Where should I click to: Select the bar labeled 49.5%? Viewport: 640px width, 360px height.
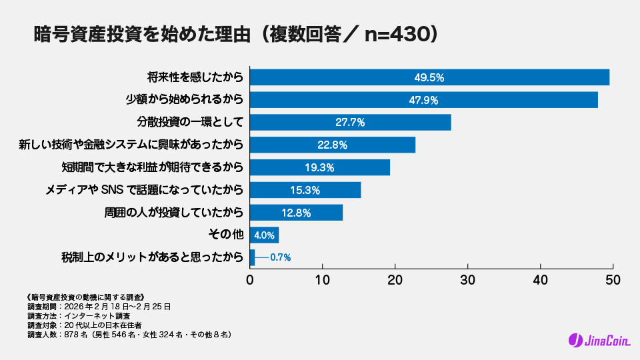pos(429,77)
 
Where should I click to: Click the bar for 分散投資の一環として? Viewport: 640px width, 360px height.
pos(351,123)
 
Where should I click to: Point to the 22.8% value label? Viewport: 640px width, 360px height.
pos(333,145)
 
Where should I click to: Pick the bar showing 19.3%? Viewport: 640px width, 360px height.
pos(320,167)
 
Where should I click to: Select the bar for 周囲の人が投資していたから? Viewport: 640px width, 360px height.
pos(296,213)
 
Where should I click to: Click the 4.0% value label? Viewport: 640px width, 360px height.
pos(265,235)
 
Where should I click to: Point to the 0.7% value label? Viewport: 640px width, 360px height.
pos(280,257)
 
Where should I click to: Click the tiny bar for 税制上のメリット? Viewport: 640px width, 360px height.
pos(252,257)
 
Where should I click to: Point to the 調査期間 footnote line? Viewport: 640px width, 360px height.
pos(99,307)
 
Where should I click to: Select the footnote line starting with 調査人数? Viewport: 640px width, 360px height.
pos(129,335)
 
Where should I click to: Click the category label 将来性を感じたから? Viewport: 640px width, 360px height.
pos(195,77)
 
